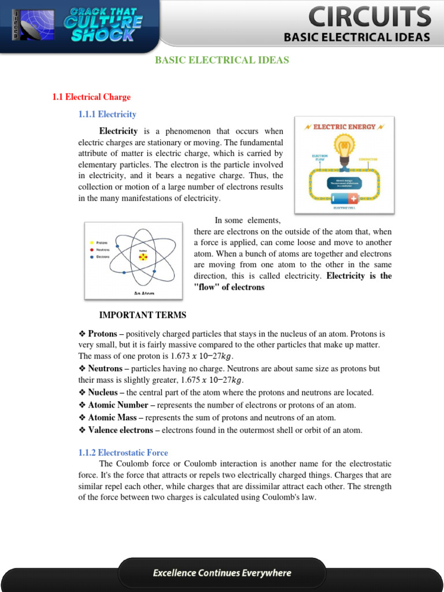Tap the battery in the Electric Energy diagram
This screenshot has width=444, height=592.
point(345,199)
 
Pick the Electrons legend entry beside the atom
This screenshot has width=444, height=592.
point(102,257)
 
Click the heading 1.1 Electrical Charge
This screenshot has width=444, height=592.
point(91,97)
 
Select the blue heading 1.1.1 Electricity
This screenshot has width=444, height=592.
point(108,114)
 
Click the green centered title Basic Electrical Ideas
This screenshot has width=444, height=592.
point(222,60)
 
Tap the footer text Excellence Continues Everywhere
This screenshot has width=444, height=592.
point(222,573)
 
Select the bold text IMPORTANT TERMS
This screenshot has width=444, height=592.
point(143,315)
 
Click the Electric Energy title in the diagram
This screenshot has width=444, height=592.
point(345,127)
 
